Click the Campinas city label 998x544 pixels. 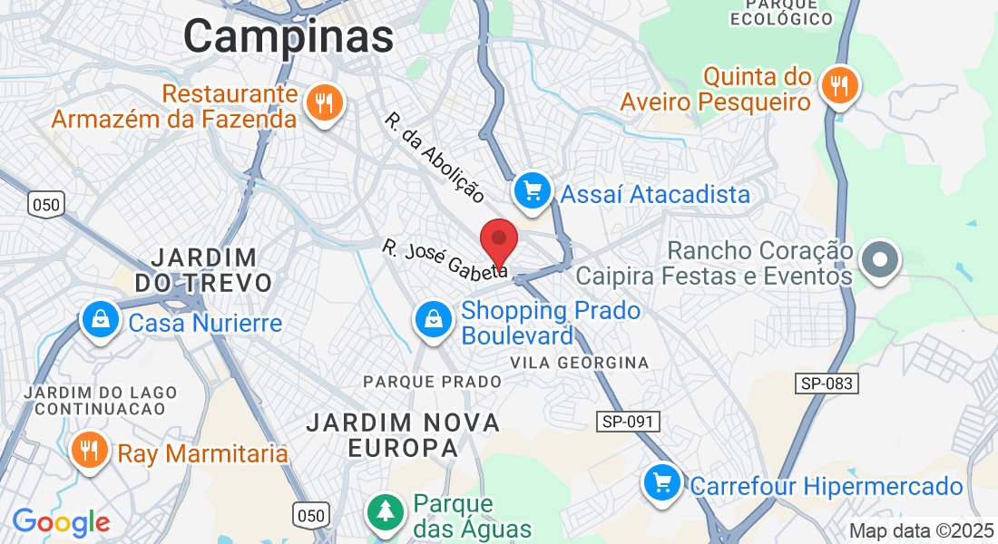pos(289,37)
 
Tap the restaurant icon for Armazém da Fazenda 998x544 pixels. pos(322,102)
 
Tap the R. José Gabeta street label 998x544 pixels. pos(445,259)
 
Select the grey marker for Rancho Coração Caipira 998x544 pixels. pos(878,261)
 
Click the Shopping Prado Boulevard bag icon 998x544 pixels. pos(434,319)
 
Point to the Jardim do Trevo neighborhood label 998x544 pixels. pos(203,269)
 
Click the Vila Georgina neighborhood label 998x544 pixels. pos(580,363)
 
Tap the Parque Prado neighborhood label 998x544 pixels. pos(433,382)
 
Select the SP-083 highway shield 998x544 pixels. pos(827,384)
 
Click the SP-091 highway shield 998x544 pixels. pos(628,422)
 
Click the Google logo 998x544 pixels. pos(61,522)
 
